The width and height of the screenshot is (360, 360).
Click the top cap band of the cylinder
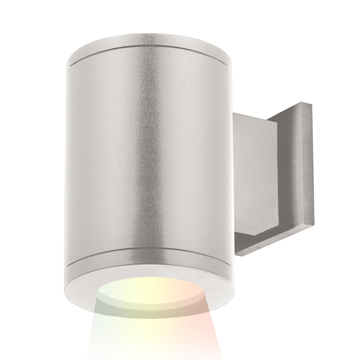(x=150, y=50)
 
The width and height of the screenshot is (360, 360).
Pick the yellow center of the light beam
(x=150, y=330)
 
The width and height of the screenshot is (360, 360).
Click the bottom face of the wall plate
(x=277, y=253)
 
